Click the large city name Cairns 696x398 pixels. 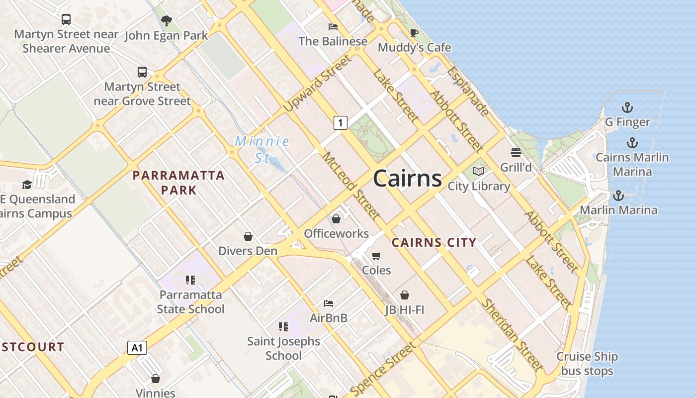(407, 178)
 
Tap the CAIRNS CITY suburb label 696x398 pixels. (434, 243)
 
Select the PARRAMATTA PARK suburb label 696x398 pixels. (178, 183)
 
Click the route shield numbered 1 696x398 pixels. (340, 122)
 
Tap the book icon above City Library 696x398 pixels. (479, 172)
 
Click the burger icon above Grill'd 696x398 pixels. (516, 152)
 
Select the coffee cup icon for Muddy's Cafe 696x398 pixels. (414, 33)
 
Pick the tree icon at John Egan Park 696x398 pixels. (166, 21)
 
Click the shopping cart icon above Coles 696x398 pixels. (376, 256)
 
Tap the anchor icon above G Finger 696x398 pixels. (627, 107)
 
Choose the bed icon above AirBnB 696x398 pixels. (328, 303)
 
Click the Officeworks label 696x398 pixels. (336, 233)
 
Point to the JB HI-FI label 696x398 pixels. (405, 310)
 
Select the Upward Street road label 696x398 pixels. (317, 83)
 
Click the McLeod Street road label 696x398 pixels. (351, 187)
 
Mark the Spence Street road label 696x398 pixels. (382, 368)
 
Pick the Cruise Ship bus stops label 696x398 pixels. (587, 364)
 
